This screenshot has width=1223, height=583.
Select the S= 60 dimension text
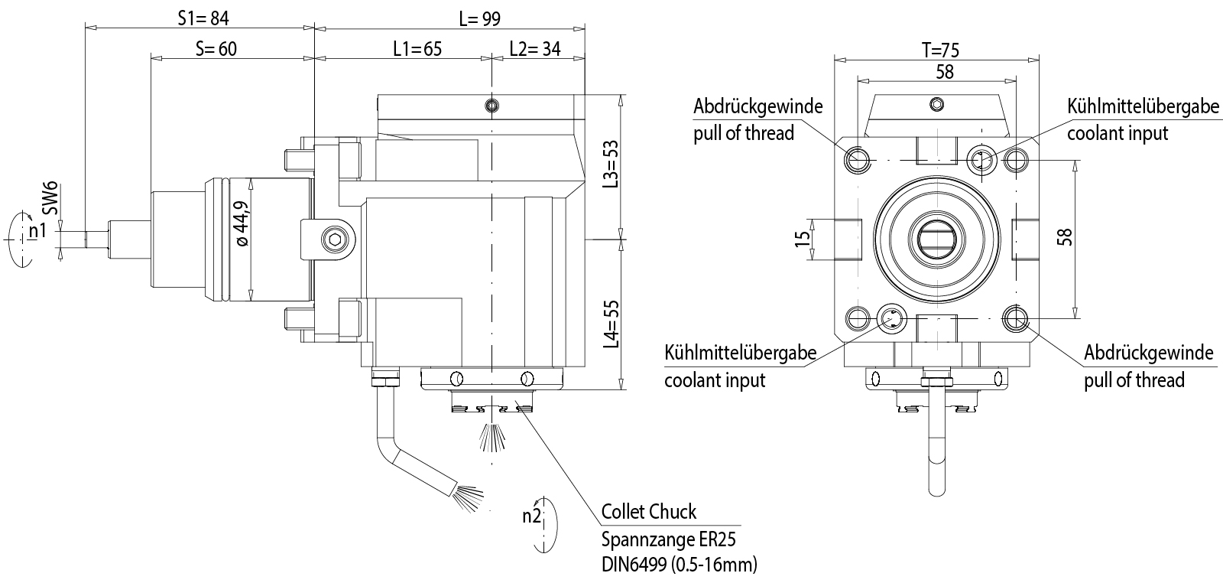point(216,49)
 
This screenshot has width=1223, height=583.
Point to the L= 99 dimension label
point(479,18)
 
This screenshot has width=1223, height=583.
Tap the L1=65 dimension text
point(417,49)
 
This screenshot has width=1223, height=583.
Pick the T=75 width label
point(939,50)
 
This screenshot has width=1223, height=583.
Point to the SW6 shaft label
point(50,198)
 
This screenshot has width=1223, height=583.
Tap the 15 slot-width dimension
point(802,239)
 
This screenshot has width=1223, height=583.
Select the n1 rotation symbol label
point(37,230)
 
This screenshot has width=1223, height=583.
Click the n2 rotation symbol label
point(532,516)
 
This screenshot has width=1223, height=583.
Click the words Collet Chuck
point(649,512)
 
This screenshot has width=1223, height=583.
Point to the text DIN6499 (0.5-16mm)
point(679,565)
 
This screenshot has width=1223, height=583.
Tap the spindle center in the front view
point(936,239)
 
